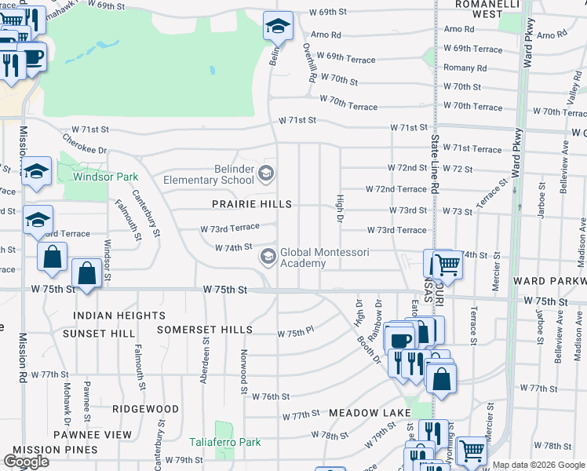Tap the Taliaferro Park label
tap(226, 442)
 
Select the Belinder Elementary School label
tap(209, 174)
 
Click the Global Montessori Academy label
tap(314, 257)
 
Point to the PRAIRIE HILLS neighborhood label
tap(252, 204)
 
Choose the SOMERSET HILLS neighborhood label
tap(205, 329)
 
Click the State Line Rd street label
tap(432, 164)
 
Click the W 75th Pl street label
tap(295, 334)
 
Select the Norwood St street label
tap(244, 372)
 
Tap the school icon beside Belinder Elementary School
tap(266, 173)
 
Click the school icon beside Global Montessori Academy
tap(268, 256)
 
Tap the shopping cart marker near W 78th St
tap(471, 450)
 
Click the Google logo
tap(26, 462)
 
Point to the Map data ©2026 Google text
tap(538, 465)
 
